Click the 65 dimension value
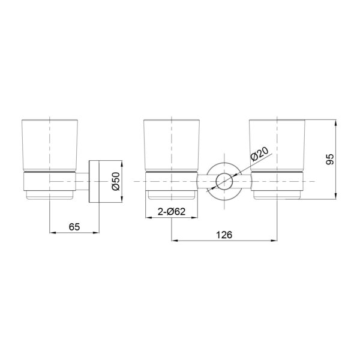click(74, 227)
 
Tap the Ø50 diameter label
click(116, 181)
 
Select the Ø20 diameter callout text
click(260, 154)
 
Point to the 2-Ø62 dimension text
click(172, 211)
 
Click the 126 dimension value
click(224, 235)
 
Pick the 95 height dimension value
click(330, 159)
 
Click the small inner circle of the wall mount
click(224, 181)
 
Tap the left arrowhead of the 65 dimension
click(53, 233)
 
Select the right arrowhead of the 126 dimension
click(274, 241)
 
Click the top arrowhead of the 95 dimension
click(336, 123)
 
